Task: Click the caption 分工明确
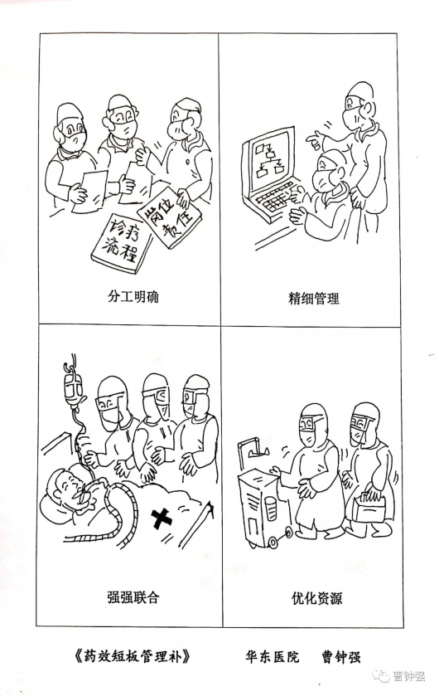(x=133, y=296)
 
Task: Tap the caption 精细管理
(x=314, y=298)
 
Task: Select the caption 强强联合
(x=133, y=596)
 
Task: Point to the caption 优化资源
(x=316, y=598)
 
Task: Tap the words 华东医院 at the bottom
(x=272, y=656)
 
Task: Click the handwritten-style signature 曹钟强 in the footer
(x=340, y=656)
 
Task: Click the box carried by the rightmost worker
(x=369, y=507)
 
